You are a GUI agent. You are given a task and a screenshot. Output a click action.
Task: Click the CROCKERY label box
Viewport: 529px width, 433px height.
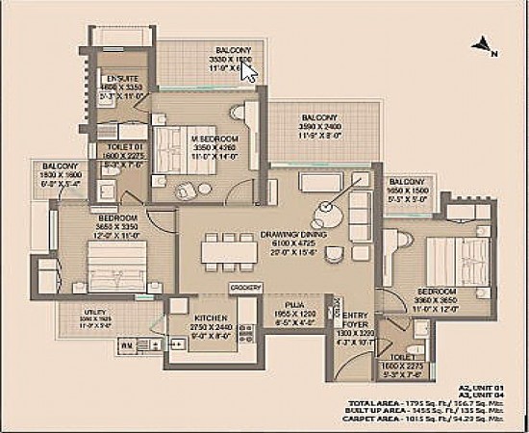coord(244,288)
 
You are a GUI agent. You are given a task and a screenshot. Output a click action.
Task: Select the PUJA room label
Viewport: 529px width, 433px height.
coord(294,302)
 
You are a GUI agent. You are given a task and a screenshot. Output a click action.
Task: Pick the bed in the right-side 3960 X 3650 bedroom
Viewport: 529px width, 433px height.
coord(451,261)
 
